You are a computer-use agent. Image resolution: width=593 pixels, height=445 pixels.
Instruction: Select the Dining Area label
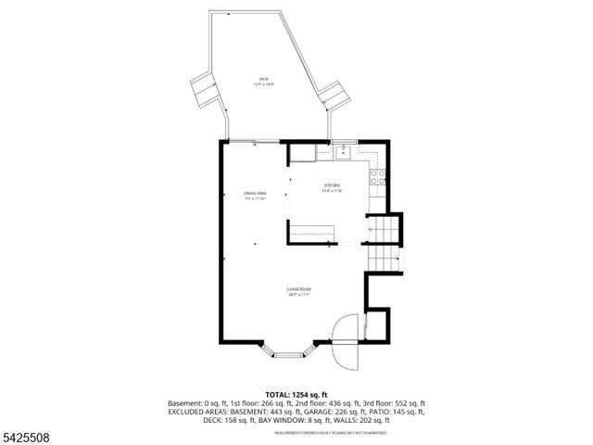[255, 195]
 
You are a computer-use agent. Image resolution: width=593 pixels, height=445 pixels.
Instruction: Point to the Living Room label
[297, 291]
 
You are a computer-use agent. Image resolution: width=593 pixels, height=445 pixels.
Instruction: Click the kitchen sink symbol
[342, 148]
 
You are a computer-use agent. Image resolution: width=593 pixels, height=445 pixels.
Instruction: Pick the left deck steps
[204, 90]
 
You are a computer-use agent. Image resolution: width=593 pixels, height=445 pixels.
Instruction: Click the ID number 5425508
[29, 436]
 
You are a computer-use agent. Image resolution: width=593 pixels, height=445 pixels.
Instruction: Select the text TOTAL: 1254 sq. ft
[296, 395]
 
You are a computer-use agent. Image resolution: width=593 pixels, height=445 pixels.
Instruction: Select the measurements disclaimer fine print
[296, 431]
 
